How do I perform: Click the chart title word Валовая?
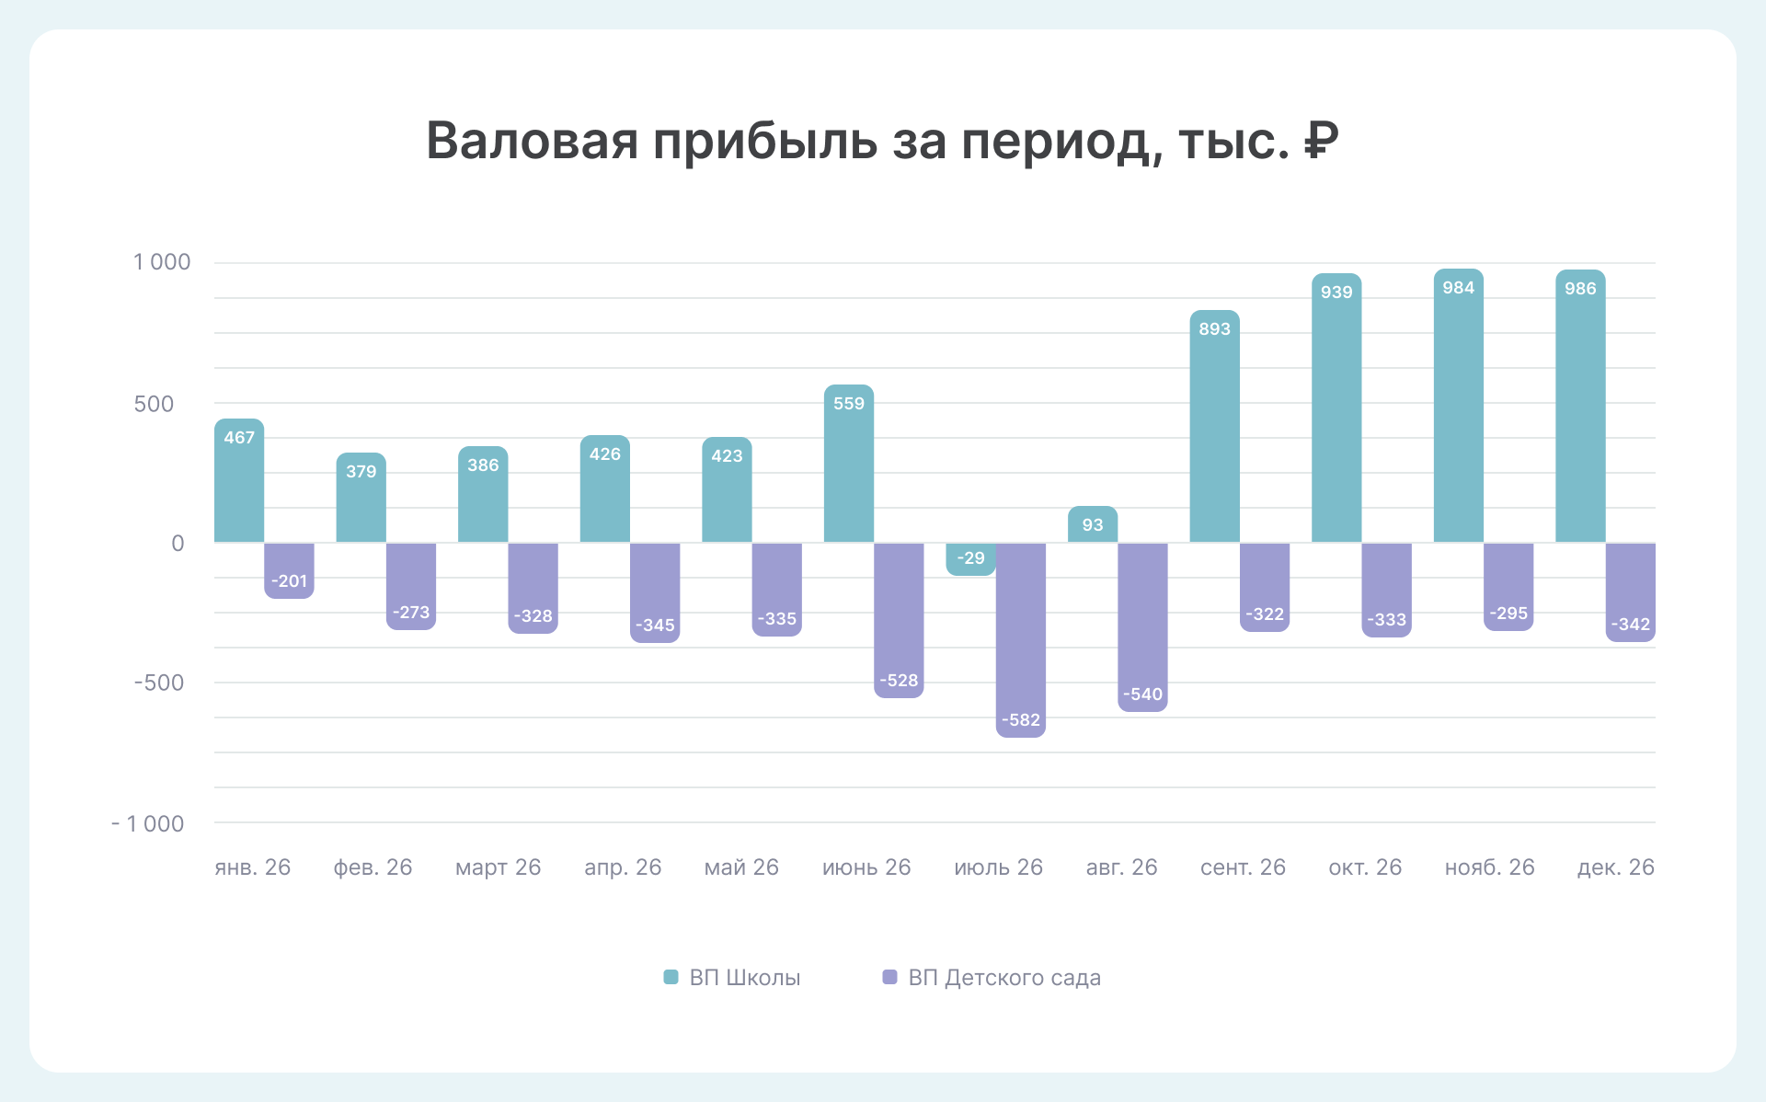click(x=532, y=142)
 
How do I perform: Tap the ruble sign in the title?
click(x=1320, y=142)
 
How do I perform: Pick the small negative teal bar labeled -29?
click(x=970, y=558)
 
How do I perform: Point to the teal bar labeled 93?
click(x=1092, y=525)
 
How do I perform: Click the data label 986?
click(x=1580, y=289)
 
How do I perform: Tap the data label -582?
click(x=1020, y=720)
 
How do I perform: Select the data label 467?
click(x=239, y=438)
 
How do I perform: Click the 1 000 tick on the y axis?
click(x=162, y=263)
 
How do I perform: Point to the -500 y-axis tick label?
click(x=159, y=683)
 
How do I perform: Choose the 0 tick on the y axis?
click(x=178, y=544)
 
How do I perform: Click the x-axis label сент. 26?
click(x=1243, y=867)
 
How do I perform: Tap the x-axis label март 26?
click(x=498, y=867)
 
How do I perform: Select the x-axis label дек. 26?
click(x=1615, y=867)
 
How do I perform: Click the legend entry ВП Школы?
click(x=744, y=978)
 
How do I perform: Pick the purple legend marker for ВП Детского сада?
click(x=889, y=977)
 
